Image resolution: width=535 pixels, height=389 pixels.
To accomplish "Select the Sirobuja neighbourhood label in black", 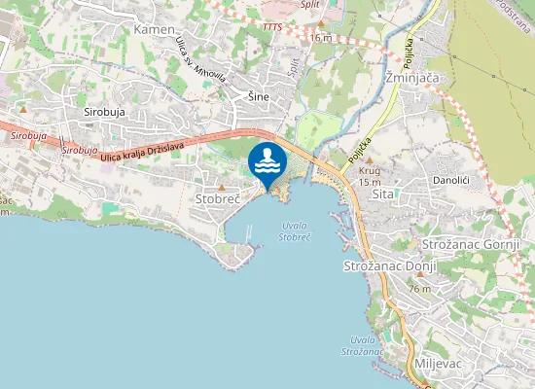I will (105, 112).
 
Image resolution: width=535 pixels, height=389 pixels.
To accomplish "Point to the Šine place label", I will (258, 95).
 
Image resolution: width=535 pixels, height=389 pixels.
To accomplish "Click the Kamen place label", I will (155, 30).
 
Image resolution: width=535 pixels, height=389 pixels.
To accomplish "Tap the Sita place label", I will (382, 194).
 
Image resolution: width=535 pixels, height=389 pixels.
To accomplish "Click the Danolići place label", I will (451, 181).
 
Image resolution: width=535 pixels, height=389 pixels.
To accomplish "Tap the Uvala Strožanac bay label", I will (360, 345).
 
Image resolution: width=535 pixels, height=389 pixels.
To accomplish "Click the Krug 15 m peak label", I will (370, 176).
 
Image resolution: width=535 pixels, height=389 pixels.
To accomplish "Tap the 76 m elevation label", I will (419, 289).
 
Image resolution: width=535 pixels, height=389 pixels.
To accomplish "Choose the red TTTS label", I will (271, 26).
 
